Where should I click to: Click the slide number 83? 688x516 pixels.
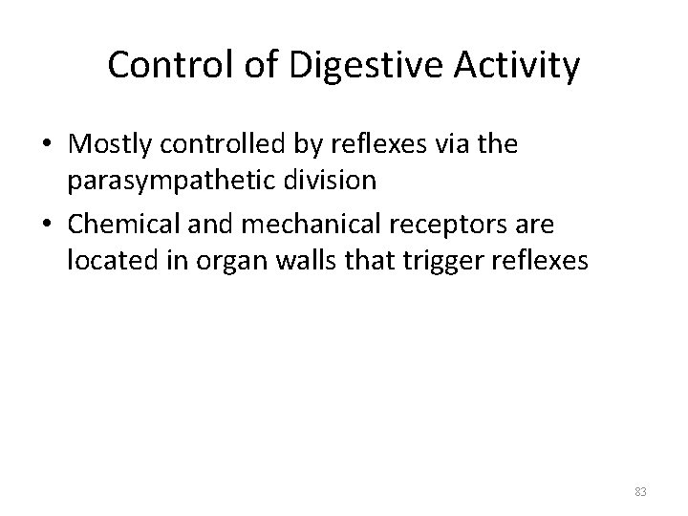[640, 491]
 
